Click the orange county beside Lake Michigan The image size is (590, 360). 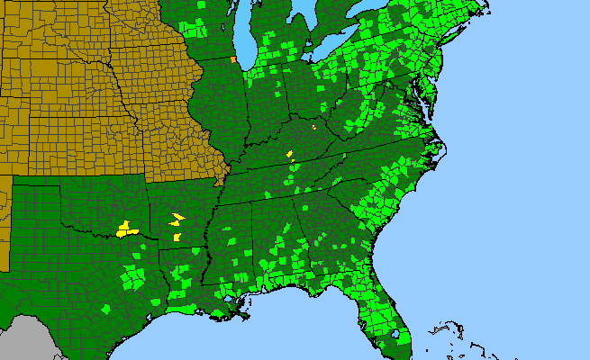point(232,61)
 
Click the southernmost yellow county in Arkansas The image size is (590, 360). point(177,237)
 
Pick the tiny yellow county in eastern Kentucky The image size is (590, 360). point(313,128)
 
